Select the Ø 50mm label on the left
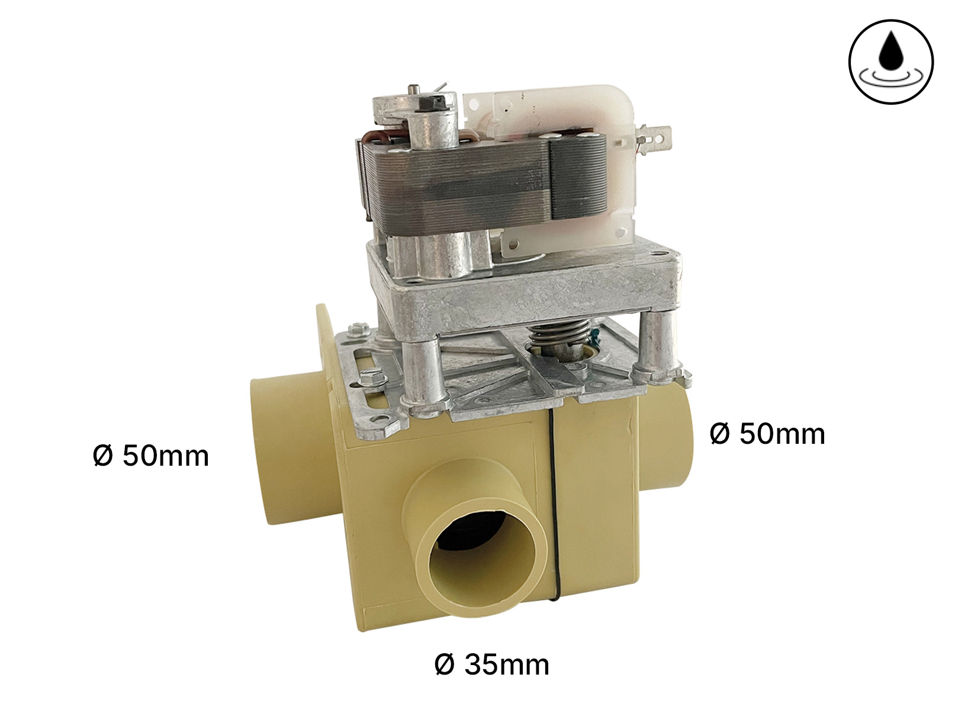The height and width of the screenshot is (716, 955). pyautogui.click(x=151, y=456)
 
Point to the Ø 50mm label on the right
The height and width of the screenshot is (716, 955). pyautogui.click(x=767, y=434)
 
